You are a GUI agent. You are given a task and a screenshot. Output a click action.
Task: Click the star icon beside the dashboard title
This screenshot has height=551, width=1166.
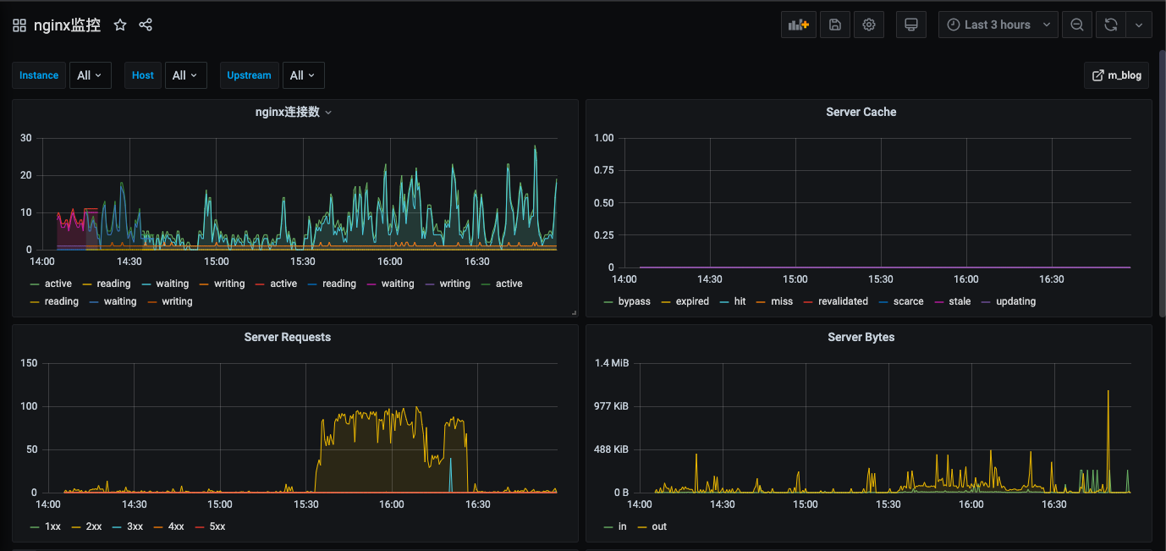(x=120, y=25)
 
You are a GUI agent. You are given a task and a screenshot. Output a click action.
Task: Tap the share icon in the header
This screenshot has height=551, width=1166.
(x=146, y=25)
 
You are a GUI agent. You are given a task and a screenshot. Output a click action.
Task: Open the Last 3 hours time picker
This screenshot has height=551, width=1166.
(x=998, y=25)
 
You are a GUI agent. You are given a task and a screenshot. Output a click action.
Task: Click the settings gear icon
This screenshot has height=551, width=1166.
(x=869, y=25)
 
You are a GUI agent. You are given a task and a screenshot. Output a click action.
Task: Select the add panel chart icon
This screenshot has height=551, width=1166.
(x=799, y=25)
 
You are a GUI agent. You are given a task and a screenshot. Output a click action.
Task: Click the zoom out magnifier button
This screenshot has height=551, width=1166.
(x=1077, y=25)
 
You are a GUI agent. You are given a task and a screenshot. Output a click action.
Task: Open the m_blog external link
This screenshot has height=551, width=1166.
(x=1117, y=75)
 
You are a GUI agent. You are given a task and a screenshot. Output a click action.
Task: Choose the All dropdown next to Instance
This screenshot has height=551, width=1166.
(x=90, y=75)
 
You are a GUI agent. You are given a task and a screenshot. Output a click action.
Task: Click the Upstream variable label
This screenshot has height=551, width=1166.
(x=249, y=75)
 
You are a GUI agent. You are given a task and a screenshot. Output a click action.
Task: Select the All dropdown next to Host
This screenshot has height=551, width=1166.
(x=186, y=75)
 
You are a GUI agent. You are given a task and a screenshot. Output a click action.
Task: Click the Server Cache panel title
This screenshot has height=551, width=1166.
(x=861, y=112)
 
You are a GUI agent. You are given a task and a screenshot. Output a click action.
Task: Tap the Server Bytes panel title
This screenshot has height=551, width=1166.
(x=861, y=337)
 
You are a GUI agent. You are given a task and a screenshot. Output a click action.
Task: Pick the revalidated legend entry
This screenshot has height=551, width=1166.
(x=836, y=301)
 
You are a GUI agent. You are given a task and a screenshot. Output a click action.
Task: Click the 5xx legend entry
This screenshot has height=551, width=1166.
(x=211, y=526)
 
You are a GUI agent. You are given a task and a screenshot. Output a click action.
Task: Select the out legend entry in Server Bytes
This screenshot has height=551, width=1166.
(x=652, y=526)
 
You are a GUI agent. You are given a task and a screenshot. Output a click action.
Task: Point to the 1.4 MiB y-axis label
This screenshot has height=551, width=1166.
(x=612, y=363)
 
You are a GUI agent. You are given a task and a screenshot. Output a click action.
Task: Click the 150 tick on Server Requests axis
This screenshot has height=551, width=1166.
(x=29, y=363)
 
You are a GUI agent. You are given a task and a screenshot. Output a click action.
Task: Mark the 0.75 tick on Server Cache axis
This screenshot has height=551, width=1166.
(x=604, y=170)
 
